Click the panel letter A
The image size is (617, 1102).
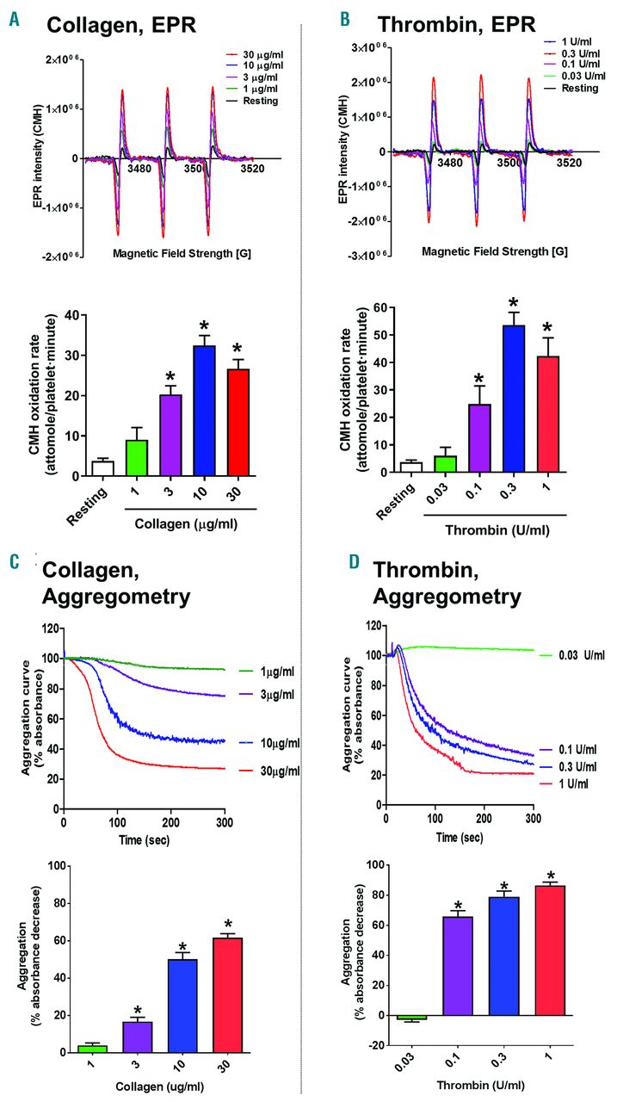14,18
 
